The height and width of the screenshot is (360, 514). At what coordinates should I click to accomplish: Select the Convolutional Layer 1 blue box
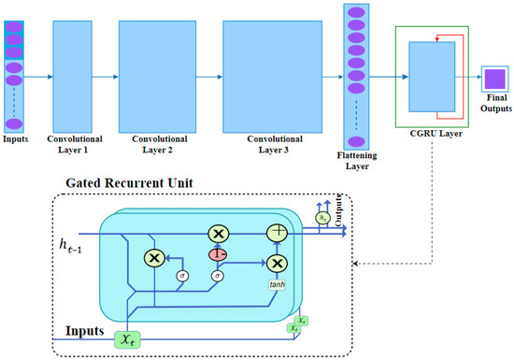point(79,70)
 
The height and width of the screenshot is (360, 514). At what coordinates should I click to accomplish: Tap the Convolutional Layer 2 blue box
point(155,70)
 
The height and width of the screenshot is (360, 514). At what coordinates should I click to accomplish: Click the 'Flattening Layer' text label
point(356,157)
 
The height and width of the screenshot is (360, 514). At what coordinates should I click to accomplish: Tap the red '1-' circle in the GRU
point(218,252)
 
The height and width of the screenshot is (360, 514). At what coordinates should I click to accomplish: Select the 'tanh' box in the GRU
point(278,285)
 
